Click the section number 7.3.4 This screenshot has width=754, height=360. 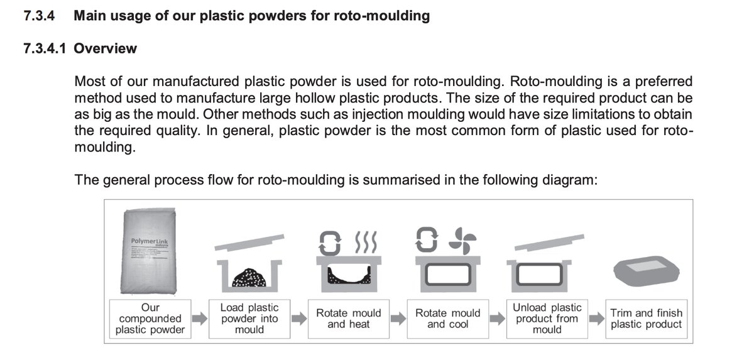coord(40,16)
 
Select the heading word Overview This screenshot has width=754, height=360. coord(105,48)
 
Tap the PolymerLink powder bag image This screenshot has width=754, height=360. coord(150,251)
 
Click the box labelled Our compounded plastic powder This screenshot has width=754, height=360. coord(150,319)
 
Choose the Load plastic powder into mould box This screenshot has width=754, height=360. coord(249,319)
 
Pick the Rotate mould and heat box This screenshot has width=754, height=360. coord(349,319)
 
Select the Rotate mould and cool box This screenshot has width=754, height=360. coord(448,319)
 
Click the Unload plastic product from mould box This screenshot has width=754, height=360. coord(547,319)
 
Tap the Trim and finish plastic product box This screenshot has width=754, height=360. coord(646,319)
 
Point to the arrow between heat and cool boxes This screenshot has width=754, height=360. coord(398,319)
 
